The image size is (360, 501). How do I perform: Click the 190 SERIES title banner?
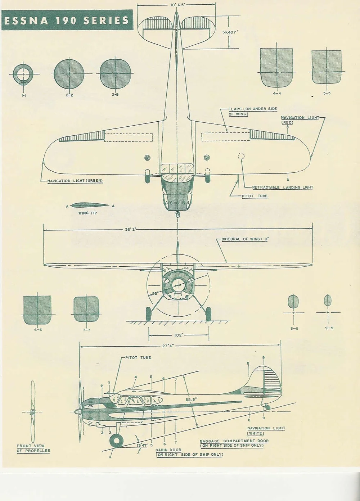(x=67, y=21)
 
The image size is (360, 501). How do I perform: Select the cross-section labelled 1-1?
(x=23, y=74)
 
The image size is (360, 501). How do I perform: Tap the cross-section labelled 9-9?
(x=328, y=300)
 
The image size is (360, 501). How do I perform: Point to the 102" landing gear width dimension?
(x=179, y=335)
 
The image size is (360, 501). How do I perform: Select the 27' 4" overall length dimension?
(x=168, y=346)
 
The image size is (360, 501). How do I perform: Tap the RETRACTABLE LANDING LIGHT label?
(x=282, y=188)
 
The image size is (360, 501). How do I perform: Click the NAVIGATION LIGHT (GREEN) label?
(x=75, y=181)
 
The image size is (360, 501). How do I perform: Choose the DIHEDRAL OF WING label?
(x=245, y=239)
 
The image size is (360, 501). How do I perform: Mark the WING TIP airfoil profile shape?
(x=90, y=206)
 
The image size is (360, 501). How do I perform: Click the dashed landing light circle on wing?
(x=241, y=156)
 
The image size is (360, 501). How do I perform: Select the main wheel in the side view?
(x=116, y=441)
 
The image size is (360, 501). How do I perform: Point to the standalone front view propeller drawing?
(x=32, y=412)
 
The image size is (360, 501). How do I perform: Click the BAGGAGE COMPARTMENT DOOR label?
(x=234, y=443)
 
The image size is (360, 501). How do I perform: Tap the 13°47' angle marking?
(x=142, y=445)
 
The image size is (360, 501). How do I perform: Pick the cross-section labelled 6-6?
(x=37, y=310)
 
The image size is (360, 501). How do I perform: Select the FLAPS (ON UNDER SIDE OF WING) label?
(x=252, y=111)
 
